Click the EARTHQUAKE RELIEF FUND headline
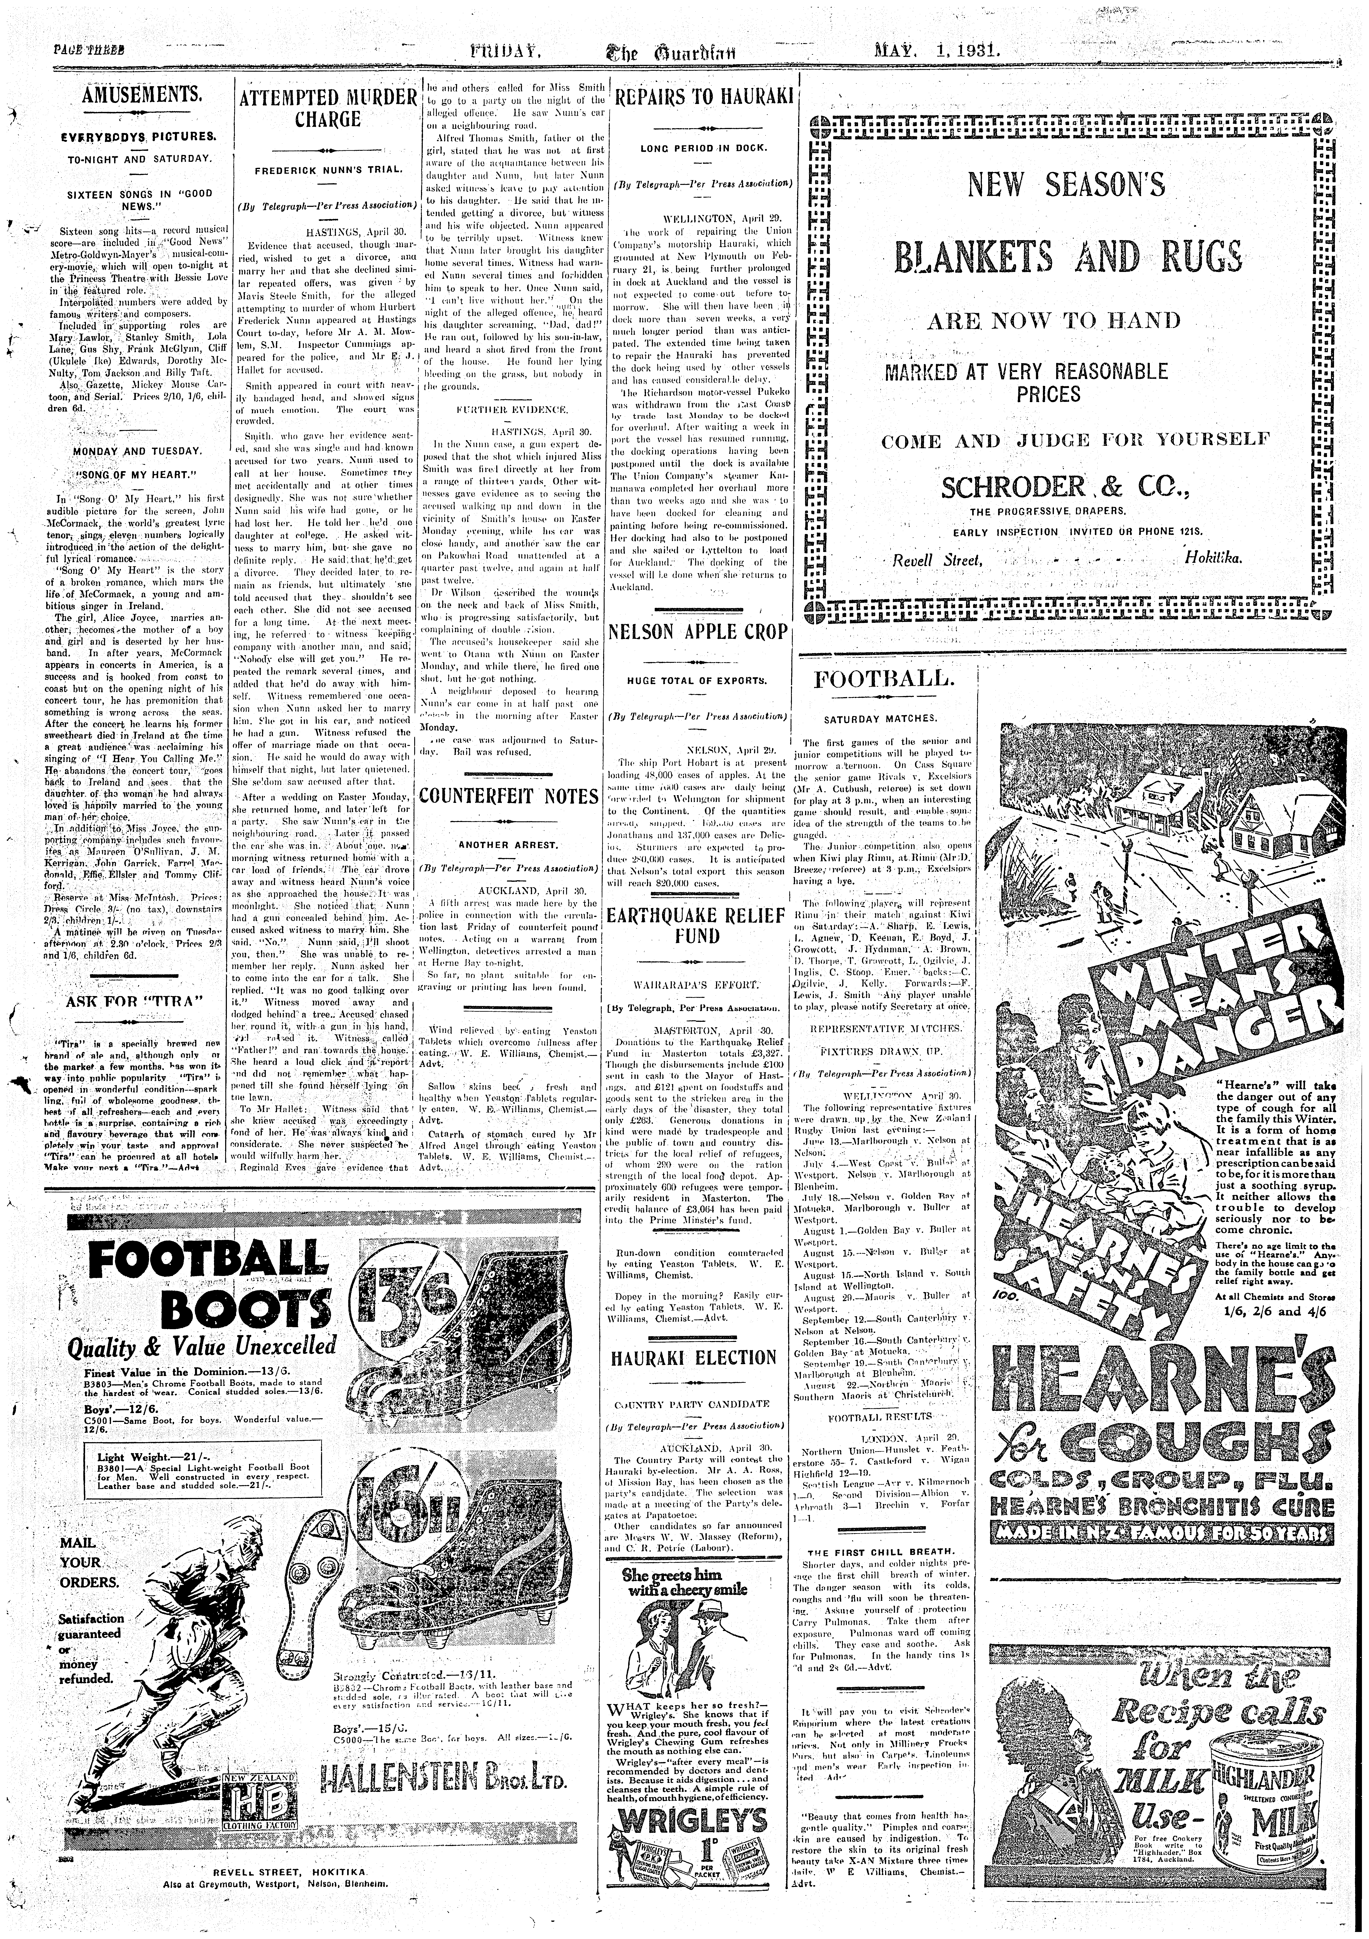(697, 926)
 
